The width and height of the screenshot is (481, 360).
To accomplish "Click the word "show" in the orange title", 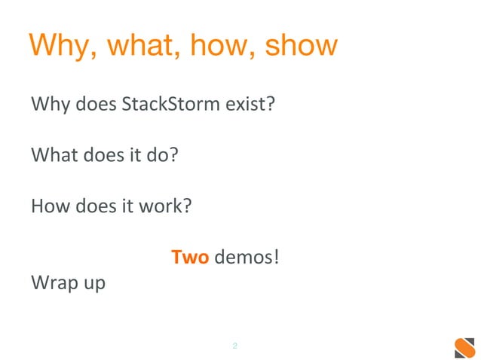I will click(x=300, y=47).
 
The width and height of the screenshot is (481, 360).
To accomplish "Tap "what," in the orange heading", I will click(x=140, y=47).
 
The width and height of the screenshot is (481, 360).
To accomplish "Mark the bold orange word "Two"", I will click(x=190, y=258).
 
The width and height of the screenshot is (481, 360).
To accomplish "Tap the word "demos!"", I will click(x=247, y=258).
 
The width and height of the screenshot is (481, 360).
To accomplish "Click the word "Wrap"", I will click(x=54, y=284).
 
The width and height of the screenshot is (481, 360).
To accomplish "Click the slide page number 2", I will click(x=235, y=346).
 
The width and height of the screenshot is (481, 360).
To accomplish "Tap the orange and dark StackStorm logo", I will click(x=464, y=348).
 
